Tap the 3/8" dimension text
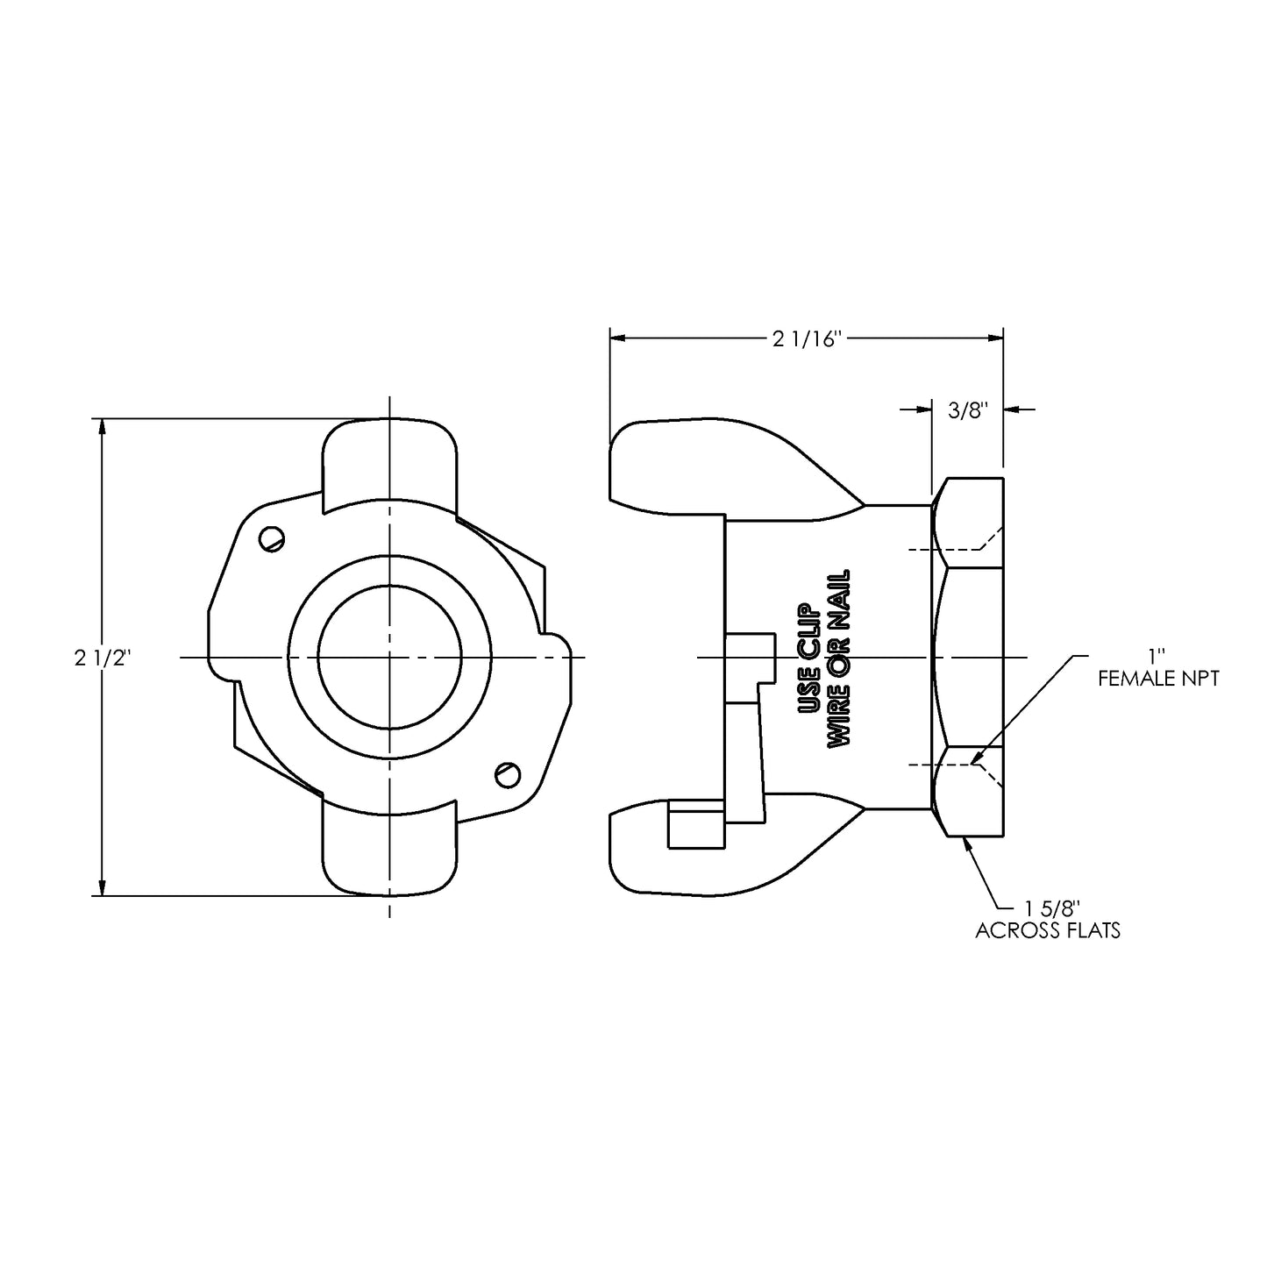pos(968,409)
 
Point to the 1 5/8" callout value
pos(1049,909)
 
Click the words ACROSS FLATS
pos(1048,931)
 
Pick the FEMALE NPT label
pos(1157,679)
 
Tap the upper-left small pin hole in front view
pos(273,538)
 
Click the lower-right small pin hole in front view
pos(507,773)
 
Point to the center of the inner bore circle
pos(389,658)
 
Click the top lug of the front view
pos(390,460)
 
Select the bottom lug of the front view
pos(390,851)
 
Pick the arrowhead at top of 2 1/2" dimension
pos(103,427)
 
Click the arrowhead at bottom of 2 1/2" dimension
pos(103,887)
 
